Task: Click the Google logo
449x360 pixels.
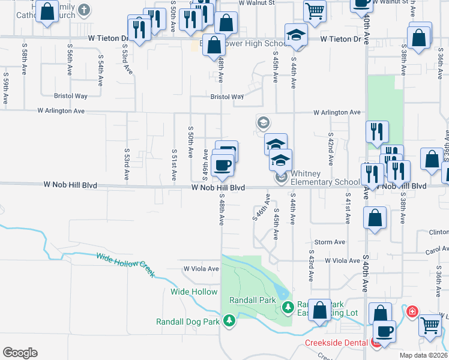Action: [20, 353]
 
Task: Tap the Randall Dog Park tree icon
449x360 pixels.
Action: [228, 322]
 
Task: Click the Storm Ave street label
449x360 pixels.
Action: [330, 242]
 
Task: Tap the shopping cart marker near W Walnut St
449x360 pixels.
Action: [315, 10]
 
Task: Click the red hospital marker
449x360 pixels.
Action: [412, 311]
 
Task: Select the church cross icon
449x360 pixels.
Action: [84, 10]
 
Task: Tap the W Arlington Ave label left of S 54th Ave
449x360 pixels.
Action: [61, 111]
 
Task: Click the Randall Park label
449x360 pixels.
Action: [252, 300]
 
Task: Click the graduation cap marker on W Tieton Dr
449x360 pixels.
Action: [296, 35]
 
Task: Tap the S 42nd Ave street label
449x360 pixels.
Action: [330, 146]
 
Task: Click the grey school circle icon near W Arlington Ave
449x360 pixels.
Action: [263, 122]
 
